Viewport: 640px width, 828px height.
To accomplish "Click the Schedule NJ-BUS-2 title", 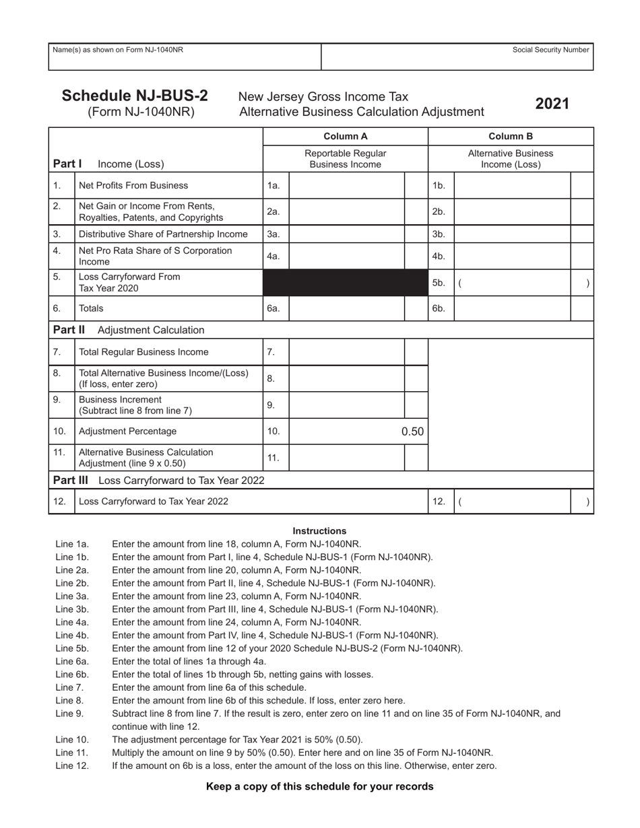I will tap(135, 96).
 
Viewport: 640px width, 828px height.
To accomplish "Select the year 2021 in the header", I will tap(552, 104).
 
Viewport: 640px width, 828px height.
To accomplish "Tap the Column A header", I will tap(346, 136).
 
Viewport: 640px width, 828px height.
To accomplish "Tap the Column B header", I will tap(511, 136).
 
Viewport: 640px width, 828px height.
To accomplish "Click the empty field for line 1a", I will tap(346, 185).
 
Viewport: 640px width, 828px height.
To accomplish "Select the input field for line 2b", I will tap(512, 211).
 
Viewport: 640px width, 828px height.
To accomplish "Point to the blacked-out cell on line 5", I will tap(346, 283).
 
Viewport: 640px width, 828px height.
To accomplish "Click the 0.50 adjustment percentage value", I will tap(412, 432).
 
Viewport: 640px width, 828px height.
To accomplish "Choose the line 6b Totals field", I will tap(512, 308).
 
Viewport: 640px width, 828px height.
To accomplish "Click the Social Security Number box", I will tap(457, 57).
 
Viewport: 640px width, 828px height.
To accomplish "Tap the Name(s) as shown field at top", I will tap(185, 57).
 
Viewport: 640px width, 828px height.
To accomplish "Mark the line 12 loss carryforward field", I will tap(512, 502).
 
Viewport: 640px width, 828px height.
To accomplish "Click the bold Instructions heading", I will tap(319, 530).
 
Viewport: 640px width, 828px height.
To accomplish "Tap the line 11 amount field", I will tap(346, 458).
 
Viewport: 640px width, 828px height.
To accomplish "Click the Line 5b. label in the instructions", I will tap(72, 648).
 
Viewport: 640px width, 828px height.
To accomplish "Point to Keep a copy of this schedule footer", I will tap(319, 786).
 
